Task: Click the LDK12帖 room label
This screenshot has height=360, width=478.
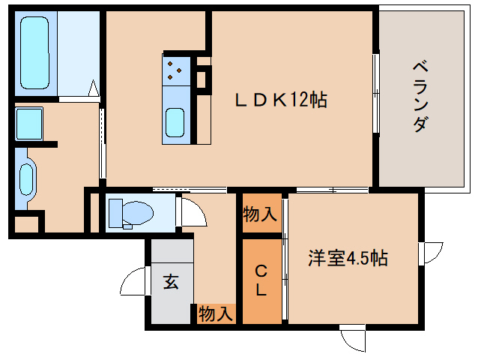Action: [x=281, y=100]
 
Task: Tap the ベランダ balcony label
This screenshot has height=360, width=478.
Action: [x=421, y=96]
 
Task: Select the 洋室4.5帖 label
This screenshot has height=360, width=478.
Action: [x=348, y=258]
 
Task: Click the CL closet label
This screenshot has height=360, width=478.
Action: [x=261, y=280]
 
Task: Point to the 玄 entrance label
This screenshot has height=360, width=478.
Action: [x=171, y=281]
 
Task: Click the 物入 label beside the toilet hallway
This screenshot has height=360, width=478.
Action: [x=260, y=214]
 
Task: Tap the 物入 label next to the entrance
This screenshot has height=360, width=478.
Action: [x=216, y=314]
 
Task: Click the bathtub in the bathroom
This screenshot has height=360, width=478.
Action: [x=34, y=52]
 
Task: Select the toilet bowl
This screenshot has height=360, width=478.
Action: [x=138, y=213]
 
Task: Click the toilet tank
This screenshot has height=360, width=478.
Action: [x=115, y=213]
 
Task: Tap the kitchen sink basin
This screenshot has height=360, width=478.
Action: [x=175, y=123]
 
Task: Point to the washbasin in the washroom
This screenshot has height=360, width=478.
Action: [x=26, y=179]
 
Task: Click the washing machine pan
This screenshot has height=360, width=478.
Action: [x=29, y=123]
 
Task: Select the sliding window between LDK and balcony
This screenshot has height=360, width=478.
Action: [x=376, y=94]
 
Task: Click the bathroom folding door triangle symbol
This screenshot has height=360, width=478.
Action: [x=94, y=88]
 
